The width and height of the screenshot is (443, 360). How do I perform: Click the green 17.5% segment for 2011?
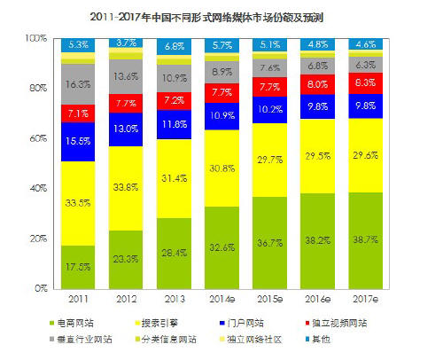pos(79,267)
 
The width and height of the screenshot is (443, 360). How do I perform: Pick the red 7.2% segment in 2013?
pos(175,100)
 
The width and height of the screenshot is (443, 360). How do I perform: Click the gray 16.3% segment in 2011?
pos(79,84)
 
